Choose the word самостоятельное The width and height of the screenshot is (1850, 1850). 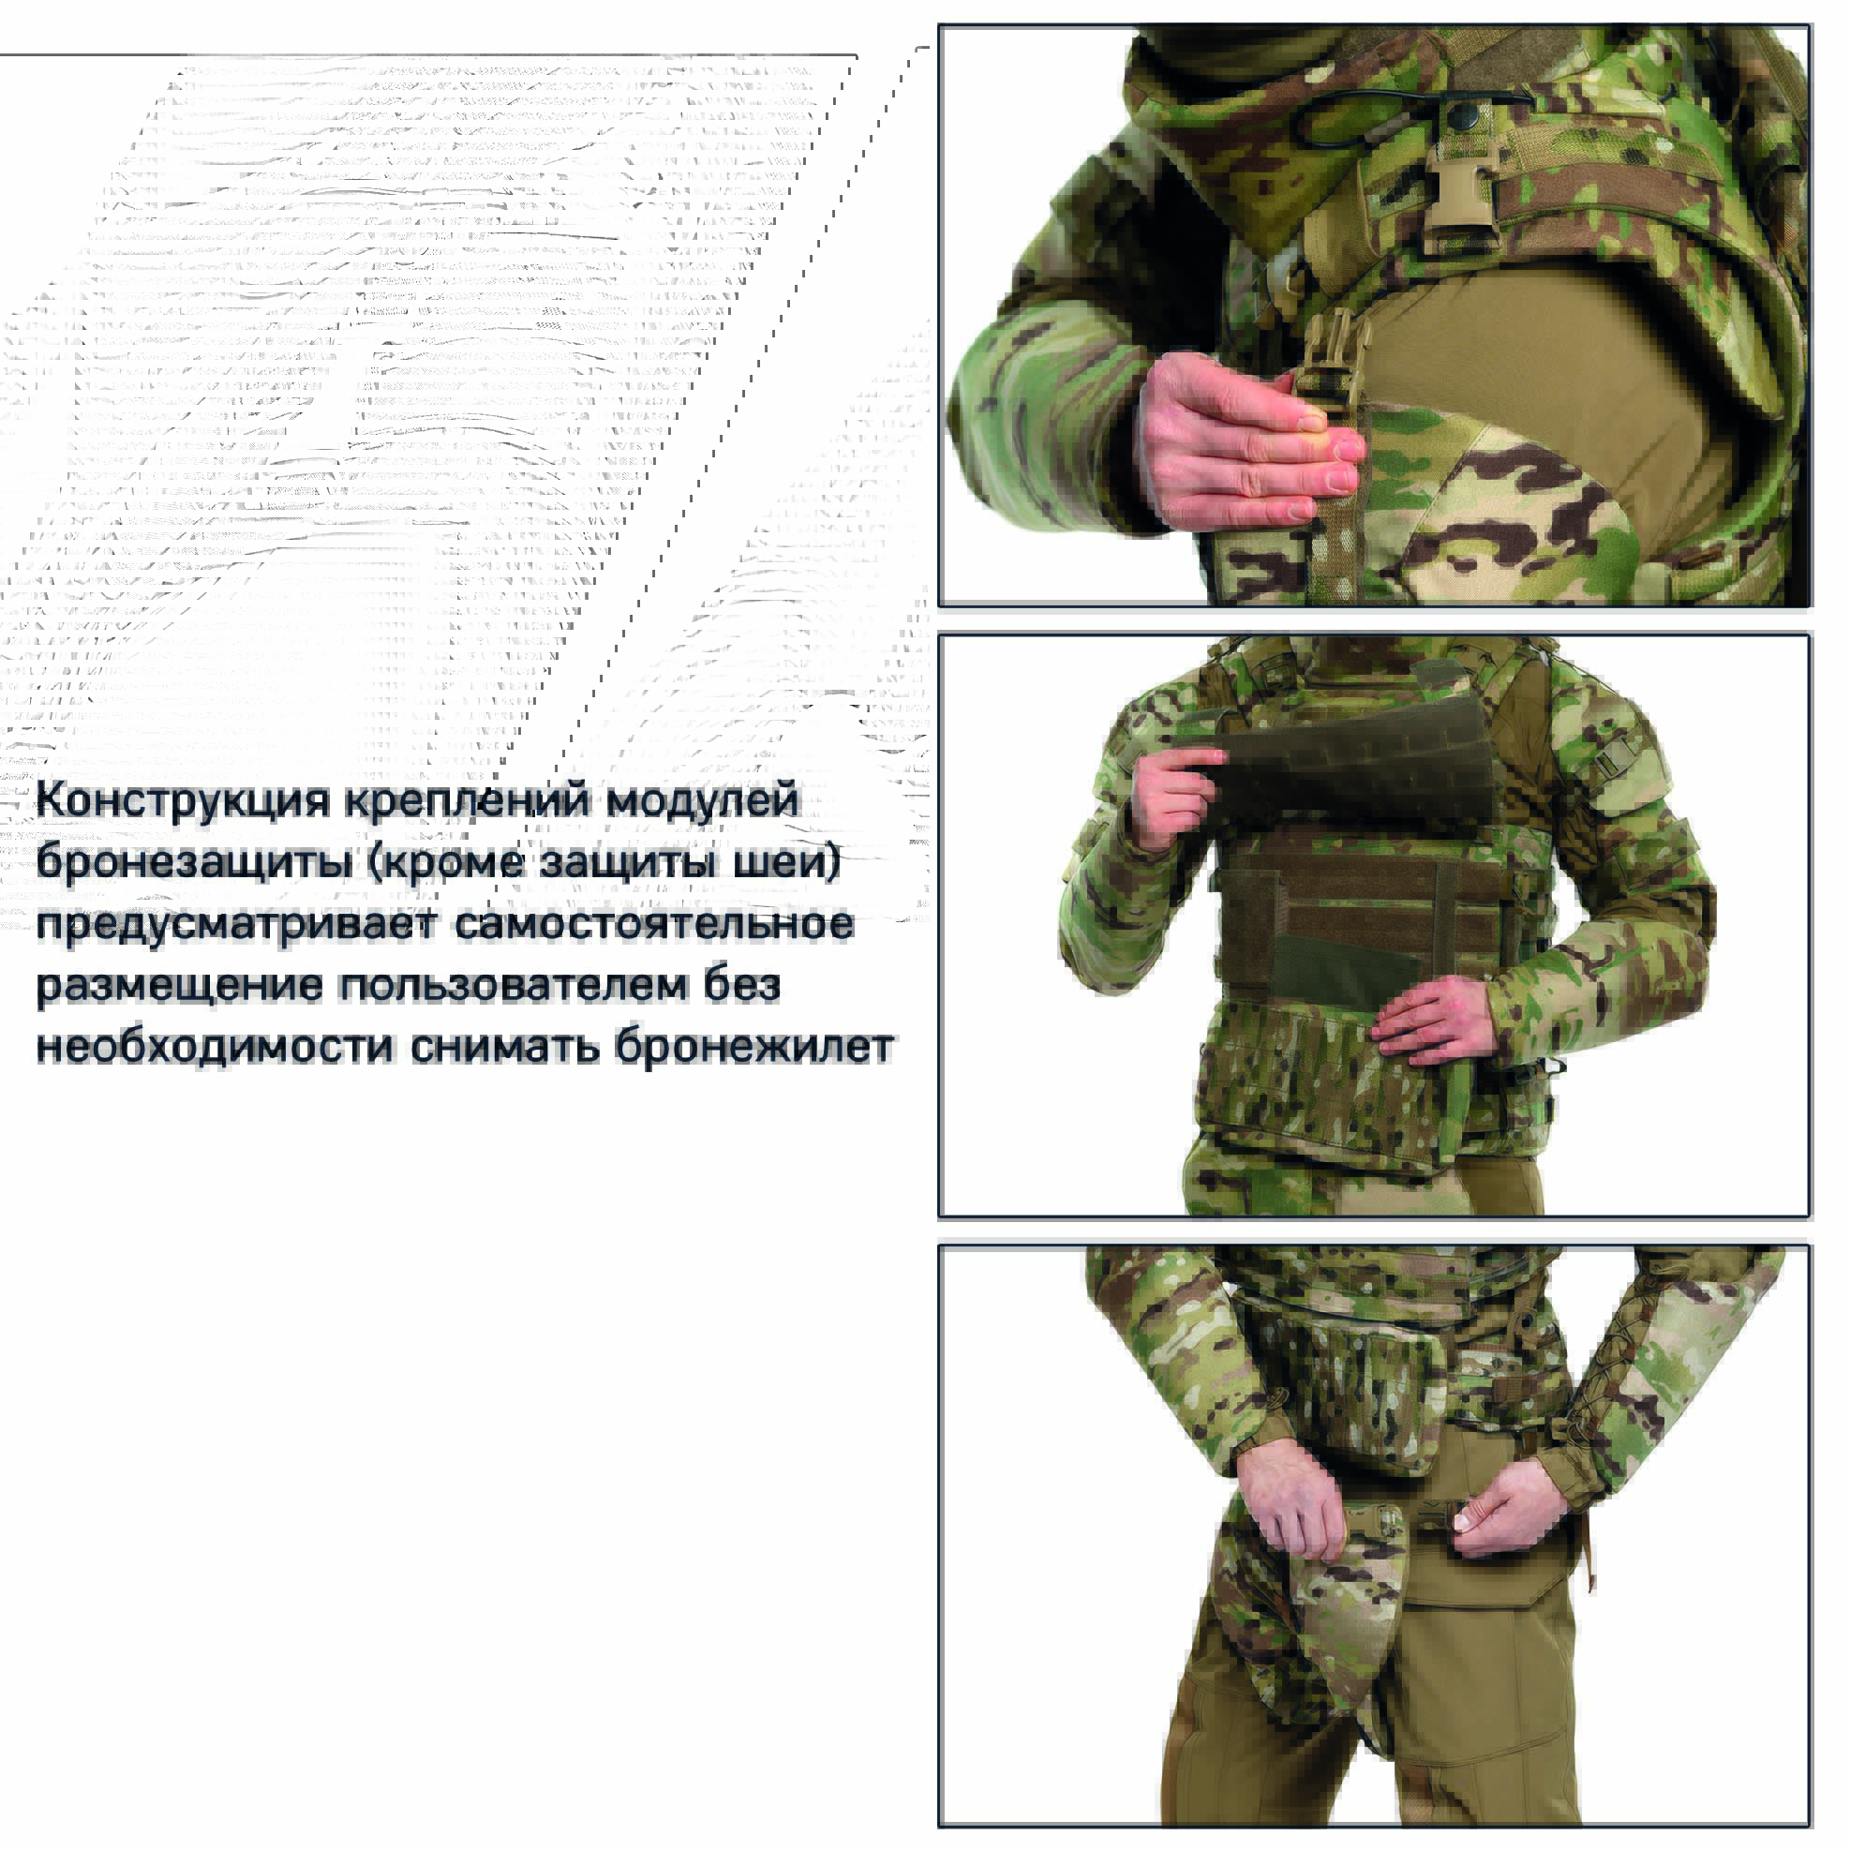click(x=654, y=924)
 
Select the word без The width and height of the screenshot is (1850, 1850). click(x=742, y=984)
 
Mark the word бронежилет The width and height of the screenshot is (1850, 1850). click(x=754, y=1047)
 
